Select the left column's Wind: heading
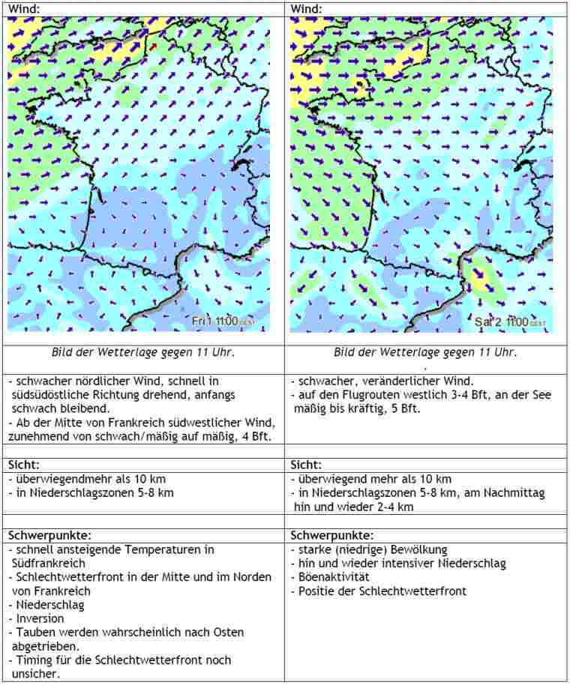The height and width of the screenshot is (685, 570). point(25,8)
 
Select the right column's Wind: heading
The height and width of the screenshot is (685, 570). point(306,8)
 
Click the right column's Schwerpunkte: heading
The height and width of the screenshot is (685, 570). point(331,535)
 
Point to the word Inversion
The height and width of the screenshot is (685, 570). point(39,618)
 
